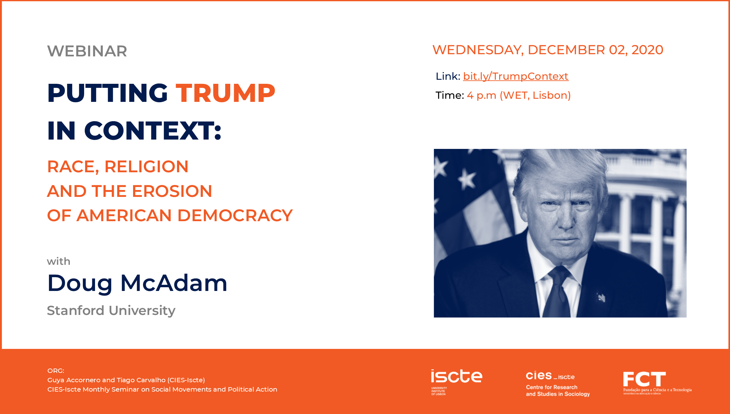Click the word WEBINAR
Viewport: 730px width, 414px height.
87,51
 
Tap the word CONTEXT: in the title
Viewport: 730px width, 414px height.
153,131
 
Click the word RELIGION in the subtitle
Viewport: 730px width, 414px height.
146,166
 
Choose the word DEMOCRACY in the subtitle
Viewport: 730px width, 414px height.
235,215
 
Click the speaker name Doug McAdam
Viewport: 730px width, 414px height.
137,283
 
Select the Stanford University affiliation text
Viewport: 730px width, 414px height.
111,311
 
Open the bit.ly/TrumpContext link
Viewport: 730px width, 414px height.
516,76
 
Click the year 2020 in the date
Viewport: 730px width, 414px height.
647,50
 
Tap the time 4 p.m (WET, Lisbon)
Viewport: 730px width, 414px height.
519,95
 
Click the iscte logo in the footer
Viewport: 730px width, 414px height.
456,382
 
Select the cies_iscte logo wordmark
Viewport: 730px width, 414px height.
550,376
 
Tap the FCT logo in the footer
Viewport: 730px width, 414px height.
657,383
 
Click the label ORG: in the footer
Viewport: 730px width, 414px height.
56,371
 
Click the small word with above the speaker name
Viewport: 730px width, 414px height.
59,261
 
